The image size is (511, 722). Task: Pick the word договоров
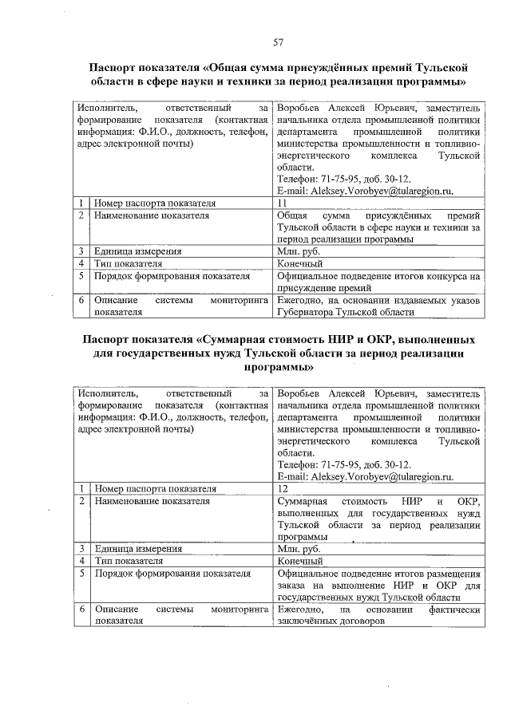(360, 620)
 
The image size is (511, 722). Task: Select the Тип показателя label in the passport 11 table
(129, 263)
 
